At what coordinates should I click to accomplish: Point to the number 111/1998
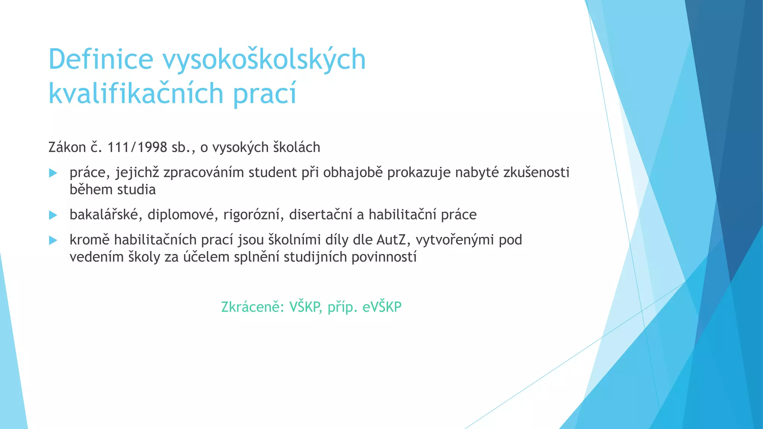pos(137,147)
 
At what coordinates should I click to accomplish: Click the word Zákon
pos(67,147)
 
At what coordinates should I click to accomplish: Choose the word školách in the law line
pos(297,147)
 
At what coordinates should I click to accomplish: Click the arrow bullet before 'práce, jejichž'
pos(53,173)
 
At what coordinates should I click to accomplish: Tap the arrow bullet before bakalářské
pos(53,215)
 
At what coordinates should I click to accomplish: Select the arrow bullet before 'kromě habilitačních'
pos(53,240)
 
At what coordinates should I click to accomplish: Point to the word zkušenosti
pos(536,172)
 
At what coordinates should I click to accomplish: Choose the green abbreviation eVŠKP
pos(382,307)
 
